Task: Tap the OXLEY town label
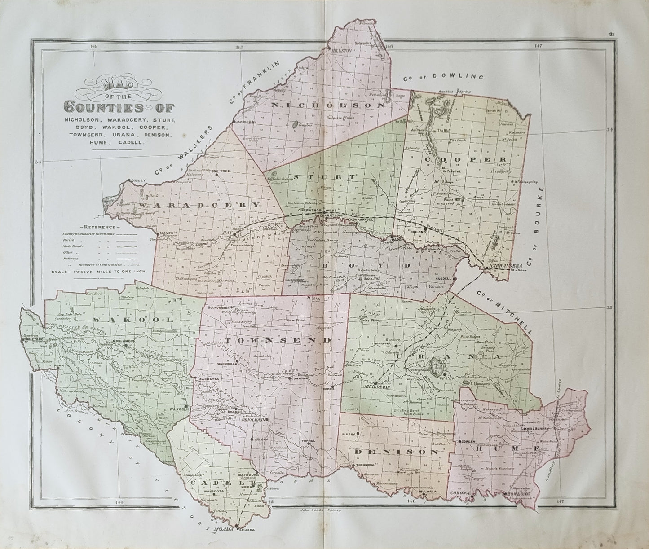(138, 180)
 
